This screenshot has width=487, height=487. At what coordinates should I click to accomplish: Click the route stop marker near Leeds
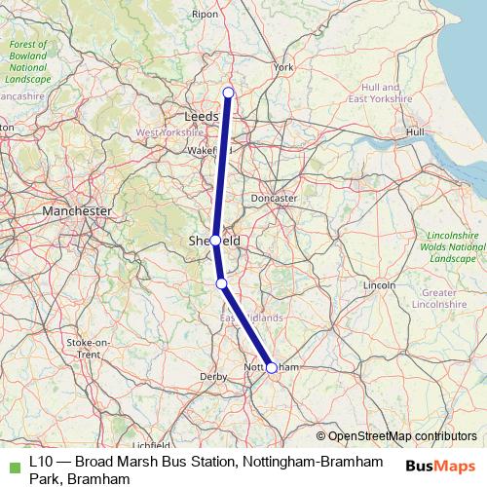point(229,94)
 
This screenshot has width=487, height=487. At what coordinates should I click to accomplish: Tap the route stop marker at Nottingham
point(272,367)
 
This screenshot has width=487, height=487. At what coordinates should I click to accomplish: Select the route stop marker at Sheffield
point(215,240)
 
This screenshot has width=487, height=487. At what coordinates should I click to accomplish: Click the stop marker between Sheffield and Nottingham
point(221,283)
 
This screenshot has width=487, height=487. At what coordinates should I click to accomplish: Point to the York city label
point(283,67)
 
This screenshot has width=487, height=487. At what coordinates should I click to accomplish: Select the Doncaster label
point(274,198)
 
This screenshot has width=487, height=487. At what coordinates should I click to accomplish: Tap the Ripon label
point(233,15)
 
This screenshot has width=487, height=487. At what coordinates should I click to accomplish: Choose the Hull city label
point(416,131)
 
